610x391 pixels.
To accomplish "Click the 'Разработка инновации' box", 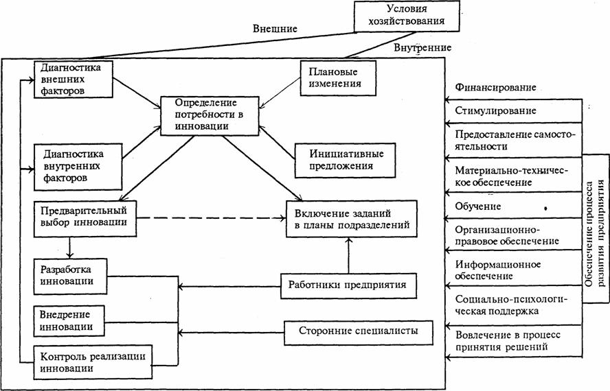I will click(71, 275).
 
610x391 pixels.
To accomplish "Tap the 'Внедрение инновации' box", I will click(71, 320).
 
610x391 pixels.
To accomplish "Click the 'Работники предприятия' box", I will click(349, 284).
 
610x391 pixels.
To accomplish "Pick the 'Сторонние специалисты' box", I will click(357, 333).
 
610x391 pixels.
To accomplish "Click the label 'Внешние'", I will click(275, 29).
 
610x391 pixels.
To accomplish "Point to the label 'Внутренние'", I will click(422, 48).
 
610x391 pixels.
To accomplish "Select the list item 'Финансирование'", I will click(495, 88).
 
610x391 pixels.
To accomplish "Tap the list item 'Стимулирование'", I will click(496, 110).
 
